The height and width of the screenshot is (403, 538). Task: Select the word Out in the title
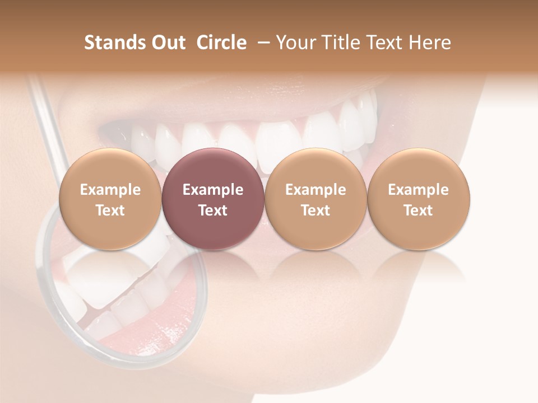[166, 43]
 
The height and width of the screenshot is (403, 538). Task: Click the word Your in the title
[296, 43]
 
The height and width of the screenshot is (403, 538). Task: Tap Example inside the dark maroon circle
[213, 190]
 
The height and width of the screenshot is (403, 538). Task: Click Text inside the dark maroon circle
[213, 210]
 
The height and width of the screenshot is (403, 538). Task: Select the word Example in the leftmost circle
[110, 190]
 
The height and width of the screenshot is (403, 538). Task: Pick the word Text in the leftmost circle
[110, 210]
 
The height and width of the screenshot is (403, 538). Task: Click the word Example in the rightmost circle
[418, 190]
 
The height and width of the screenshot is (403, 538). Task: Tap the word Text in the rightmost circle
[418, 210]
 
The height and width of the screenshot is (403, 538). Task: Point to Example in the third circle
[316, 190]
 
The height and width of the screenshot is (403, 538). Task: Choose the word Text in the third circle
[316, 210]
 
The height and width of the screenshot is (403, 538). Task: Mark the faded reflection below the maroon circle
[213, 266]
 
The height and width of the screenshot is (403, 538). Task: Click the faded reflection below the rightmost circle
[418, 266]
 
